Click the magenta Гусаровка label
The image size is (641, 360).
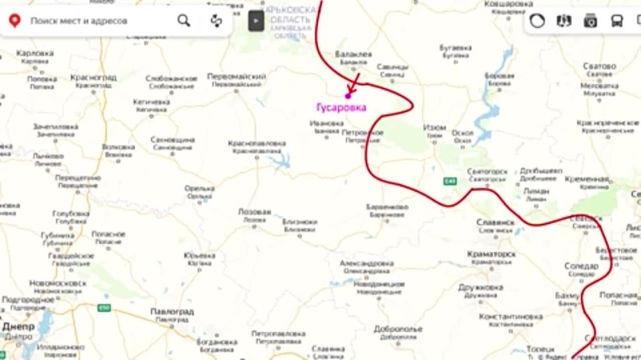341,108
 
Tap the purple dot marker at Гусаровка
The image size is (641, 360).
348,95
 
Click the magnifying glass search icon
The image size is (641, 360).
184,20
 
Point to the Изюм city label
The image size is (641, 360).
435,128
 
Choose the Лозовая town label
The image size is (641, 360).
254,212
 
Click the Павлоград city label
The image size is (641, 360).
172,311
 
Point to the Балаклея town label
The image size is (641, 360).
353,54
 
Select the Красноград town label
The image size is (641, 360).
94,78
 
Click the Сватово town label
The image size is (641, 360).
600,66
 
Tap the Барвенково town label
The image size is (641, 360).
387,208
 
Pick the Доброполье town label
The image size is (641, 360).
398,329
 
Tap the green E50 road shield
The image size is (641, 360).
103,308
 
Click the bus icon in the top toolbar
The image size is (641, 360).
617,20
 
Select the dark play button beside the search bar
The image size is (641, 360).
256,20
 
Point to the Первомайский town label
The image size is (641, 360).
237,76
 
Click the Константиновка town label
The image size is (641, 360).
511,316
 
